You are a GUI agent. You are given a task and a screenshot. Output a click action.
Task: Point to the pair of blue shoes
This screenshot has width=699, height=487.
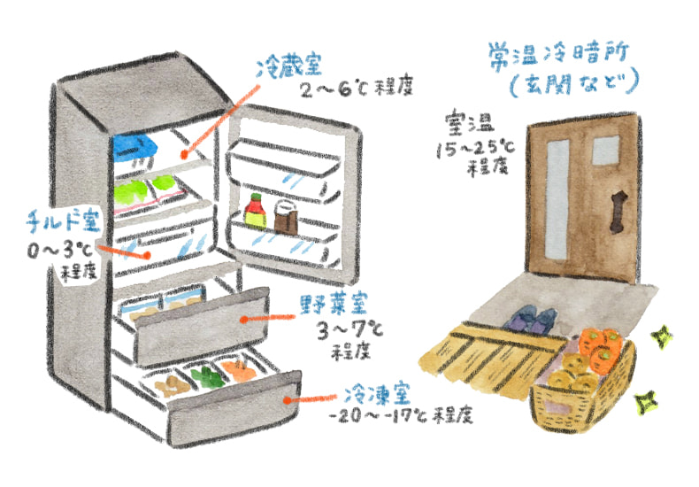[534, 320]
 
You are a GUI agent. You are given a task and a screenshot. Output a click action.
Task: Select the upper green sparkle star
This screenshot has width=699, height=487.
[659, 336]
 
